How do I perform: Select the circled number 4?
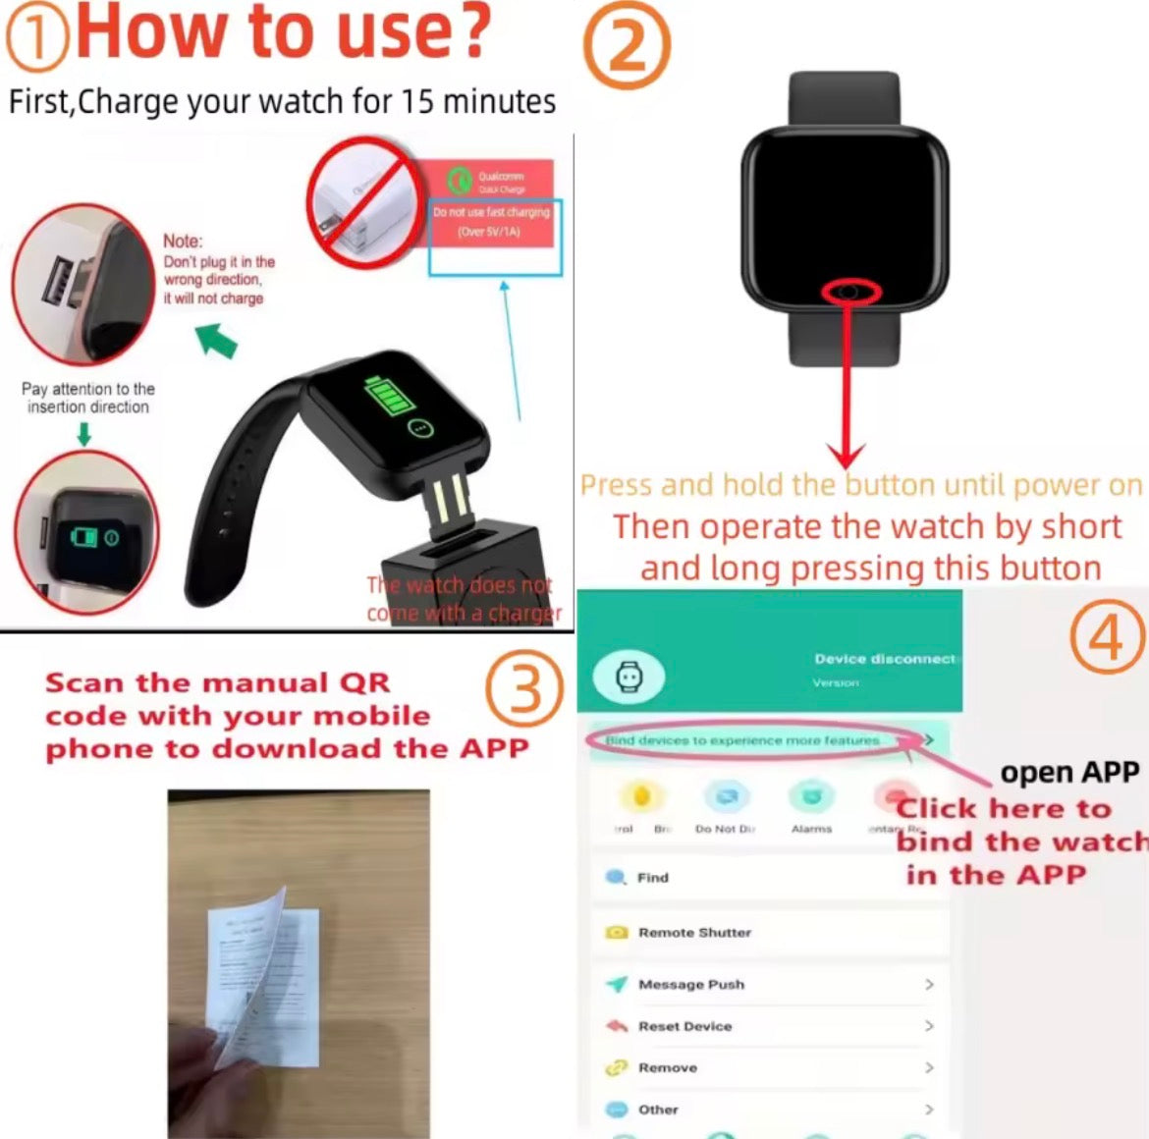point(1108,637)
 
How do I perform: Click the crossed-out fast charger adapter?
point(359,201)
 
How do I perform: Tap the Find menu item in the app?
point(652,878)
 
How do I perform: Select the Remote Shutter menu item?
point(693,932)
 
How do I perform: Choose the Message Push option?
point(690,984)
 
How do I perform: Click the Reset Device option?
point(684,1026)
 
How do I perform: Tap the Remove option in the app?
point(667,1067)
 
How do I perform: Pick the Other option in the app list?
point(658,1110)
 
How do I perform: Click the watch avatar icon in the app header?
point(628,677)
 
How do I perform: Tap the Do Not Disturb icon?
point(726,796)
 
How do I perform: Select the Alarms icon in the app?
point(811,796)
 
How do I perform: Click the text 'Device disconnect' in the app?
point(884,659)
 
